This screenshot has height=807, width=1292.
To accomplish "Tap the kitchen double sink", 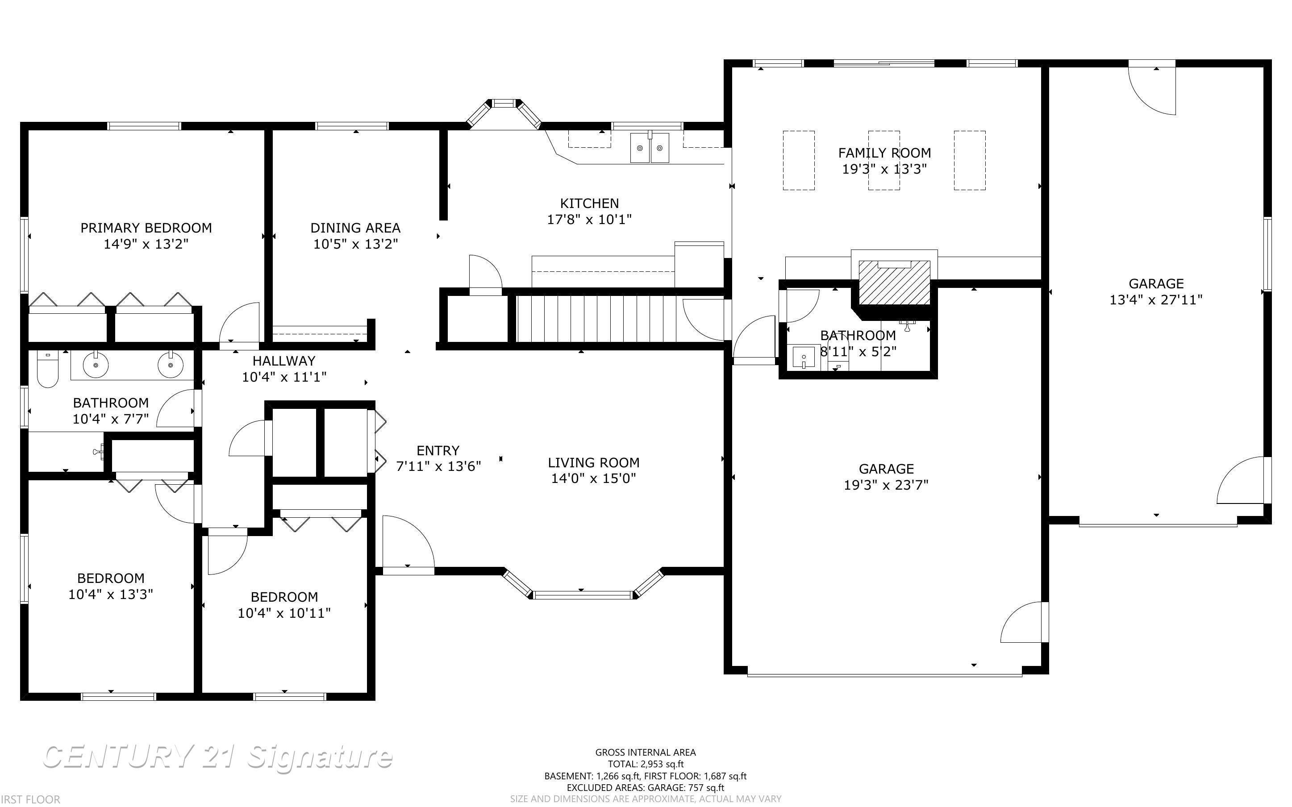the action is pos(650,148).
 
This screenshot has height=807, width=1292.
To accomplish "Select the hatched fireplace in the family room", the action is pos(894,283).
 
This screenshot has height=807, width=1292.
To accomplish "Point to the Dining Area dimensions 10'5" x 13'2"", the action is pos(355,244).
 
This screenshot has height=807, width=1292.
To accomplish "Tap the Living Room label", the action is pos(593,462).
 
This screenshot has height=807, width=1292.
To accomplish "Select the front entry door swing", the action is pos(408,545).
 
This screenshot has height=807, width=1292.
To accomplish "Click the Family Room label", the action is pos(884,153).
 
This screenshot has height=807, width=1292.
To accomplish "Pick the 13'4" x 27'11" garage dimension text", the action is pos(1156,300).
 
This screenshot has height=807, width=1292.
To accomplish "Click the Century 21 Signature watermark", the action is pos(217,757).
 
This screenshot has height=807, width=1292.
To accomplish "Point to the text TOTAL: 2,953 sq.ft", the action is pos(646,764).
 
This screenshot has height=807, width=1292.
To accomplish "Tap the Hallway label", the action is pos(284,361).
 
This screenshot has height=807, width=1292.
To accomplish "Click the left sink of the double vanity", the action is pos(96,365).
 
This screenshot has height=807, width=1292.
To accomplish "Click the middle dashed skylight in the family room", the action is pos(884,160).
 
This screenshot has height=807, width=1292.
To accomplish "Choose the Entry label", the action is pos(438,450).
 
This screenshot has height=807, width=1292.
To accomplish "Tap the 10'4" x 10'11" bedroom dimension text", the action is pos(284,613).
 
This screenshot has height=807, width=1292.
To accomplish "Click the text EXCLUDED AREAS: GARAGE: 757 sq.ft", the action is pos(645,788).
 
